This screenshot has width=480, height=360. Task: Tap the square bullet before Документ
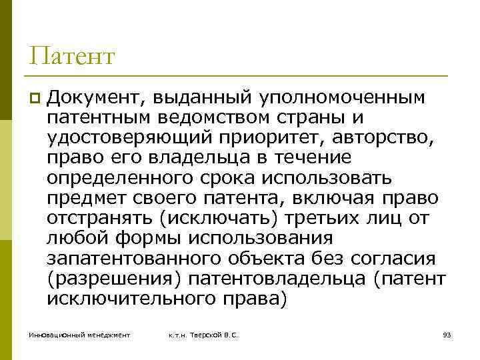pyautogui.click(x=34, y=99)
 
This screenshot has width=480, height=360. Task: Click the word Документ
pyautogui.click(x=94, y=99)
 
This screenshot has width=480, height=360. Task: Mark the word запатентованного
pyautogui.click(x=134, y=259)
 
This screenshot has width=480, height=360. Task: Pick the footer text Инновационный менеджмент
pyautogui.click(x=79, y=335)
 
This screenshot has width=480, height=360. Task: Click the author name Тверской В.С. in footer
pyautogui.click(x=213, y=335)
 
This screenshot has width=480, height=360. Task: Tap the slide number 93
pyautogui.click(x=447, y=335)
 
